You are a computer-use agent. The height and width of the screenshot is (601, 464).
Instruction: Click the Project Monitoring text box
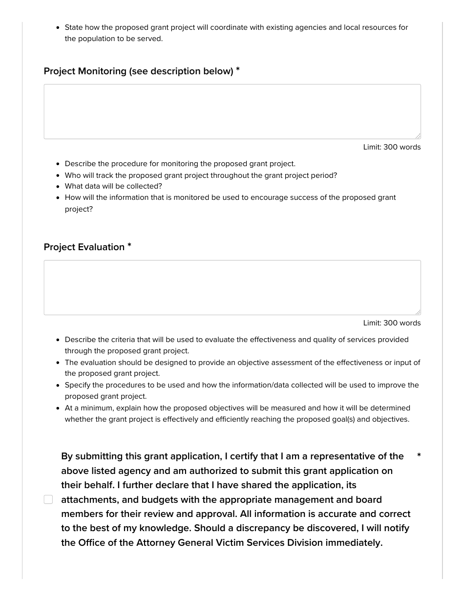[x=232, y=111]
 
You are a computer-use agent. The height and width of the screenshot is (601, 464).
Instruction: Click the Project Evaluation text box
[x=232, y=287]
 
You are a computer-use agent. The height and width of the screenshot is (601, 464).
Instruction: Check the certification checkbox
[x=48, y=499]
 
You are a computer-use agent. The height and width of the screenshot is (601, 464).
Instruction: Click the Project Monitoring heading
[x=138, y=71]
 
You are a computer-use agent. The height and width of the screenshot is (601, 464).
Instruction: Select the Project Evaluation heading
[x=84, y=247]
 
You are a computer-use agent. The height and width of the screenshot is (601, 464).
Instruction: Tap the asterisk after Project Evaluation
[x=129, y=246]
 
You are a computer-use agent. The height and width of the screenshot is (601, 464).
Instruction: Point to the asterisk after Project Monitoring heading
[x=238, y=70]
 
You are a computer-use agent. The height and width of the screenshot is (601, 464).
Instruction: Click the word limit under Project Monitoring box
[x=392, y=147]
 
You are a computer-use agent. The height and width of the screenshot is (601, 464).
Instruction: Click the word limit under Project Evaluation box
[x=392, y=323]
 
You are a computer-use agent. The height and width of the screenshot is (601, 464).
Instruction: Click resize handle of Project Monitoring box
[x=418, y=136]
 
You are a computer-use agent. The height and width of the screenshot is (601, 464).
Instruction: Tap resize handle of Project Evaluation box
[x=418, y=312]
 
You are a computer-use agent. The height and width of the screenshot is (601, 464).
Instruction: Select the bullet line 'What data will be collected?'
[x=113, y=186]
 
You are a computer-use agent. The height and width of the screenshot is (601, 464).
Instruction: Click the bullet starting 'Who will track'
[x=201, y=175]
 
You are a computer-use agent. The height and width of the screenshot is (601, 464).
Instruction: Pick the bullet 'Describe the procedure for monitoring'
[x=180, y=164]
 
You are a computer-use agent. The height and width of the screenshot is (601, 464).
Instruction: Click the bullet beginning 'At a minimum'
[x=237, y=413]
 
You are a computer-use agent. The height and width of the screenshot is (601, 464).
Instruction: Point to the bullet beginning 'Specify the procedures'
[x=242, y=390]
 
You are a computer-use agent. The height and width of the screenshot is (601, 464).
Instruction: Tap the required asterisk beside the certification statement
[x=419, y=455]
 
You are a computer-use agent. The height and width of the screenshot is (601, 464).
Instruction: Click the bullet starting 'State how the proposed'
[x=236, y=33]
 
